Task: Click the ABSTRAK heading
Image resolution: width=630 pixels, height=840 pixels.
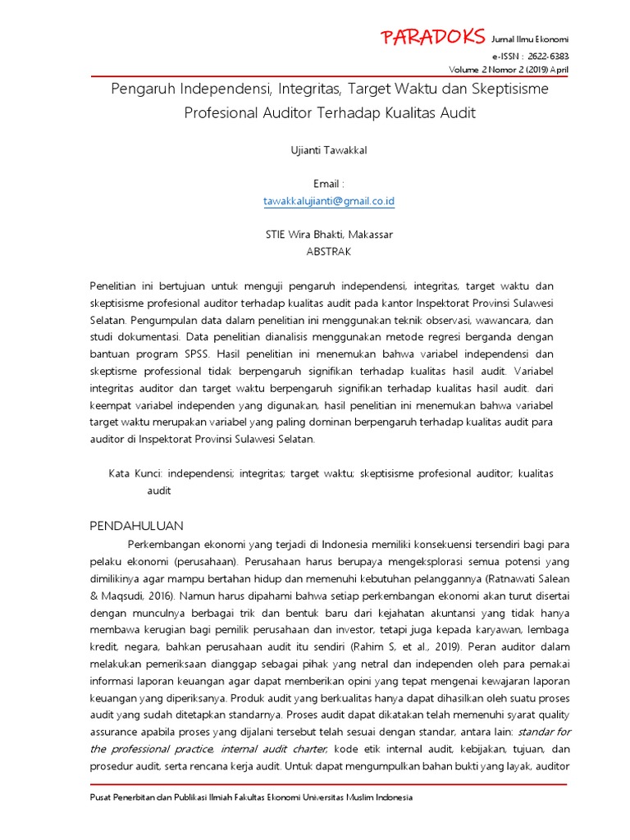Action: click(x=328, y=251)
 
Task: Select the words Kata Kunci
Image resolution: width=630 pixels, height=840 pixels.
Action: click(x=136, y=474)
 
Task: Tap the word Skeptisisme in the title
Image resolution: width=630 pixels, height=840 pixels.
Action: click(x=504, y=88)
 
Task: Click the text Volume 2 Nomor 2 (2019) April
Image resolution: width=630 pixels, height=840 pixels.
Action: click(x=519, y=69)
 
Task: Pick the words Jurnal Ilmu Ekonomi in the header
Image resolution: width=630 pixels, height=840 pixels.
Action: click(x=529, y=40)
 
